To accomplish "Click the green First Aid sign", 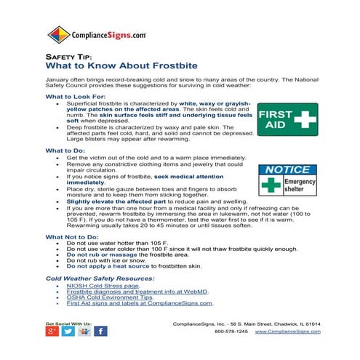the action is click(287, 119).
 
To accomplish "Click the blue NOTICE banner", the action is click(287, 169).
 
